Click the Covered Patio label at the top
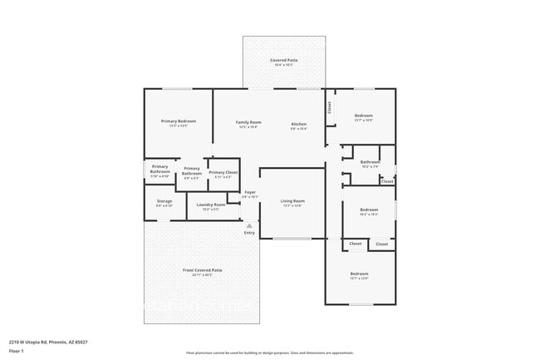coord(285,60)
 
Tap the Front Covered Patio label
coord(202,269)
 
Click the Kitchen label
coord(298,123)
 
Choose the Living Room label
coord(292,200)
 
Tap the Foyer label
coord(249,193)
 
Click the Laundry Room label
coord(210,205)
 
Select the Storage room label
coord(164,200)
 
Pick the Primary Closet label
coord(223,172)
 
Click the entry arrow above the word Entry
coord(249,225)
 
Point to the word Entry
coord(249,233)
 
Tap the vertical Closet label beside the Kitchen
coord(329,106)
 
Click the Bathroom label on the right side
coord(370,161)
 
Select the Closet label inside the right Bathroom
coord(387,180)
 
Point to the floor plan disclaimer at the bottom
coord(269,353)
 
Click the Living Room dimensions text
coord(292,205)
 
